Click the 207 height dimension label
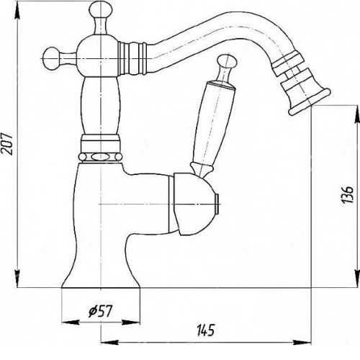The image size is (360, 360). click(6, 143)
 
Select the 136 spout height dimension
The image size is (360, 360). click(348, 194)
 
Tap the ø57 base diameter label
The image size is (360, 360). click(100, 311)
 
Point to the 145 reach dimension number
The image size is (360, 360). click(206, 330)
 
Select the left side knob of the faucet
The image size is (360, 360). click(50, 59)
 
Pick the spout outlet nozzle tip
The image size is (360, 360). click(310, 101)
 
